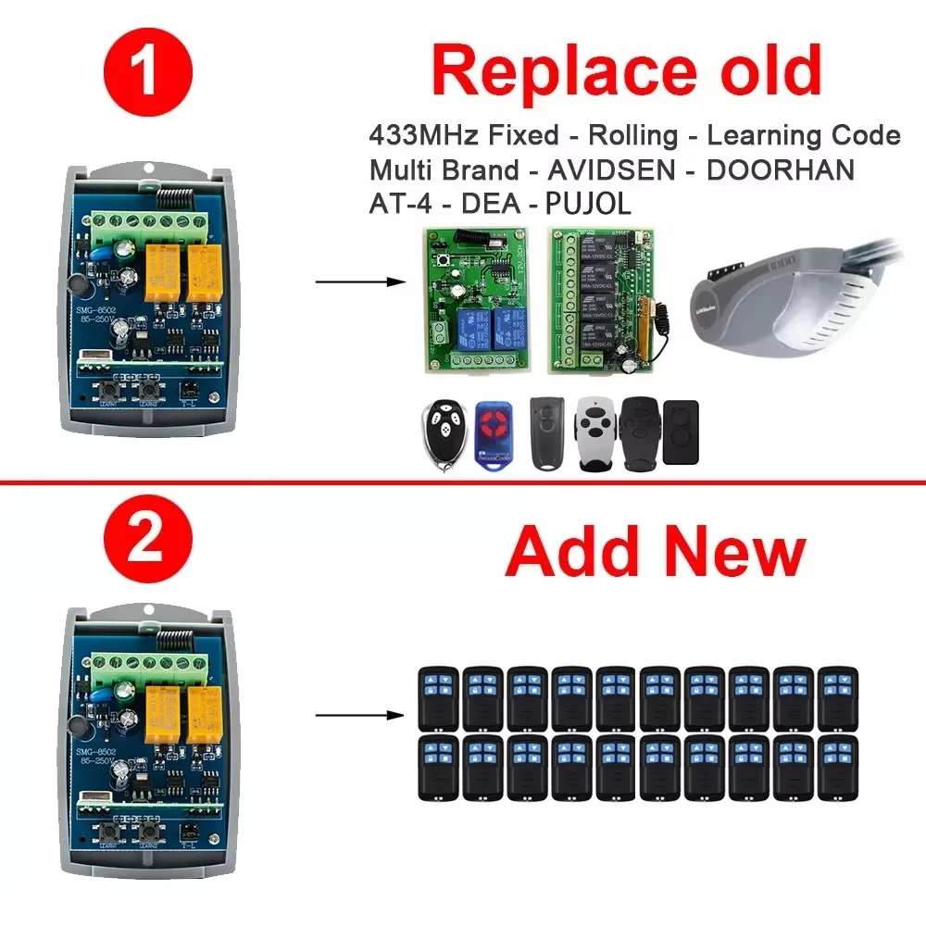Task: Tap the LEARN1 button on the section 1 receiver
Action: (x=119, y=390)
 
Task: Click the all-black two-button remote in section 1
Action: (x=681, y=432)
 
